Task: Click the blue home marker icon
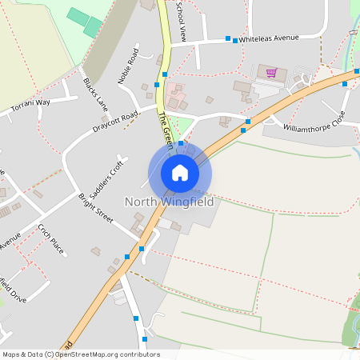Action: click(x=180, y=172)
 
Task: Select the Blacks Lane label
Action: click(x=95, y=93)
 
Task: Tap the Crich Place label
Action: click(x=50, y=239)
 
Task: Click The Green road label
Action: click(x=165, y=129)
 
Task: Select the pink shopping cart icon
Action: click(x=271, y=73)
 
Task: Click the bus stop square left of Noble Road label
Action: click(x=165, y=74)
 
